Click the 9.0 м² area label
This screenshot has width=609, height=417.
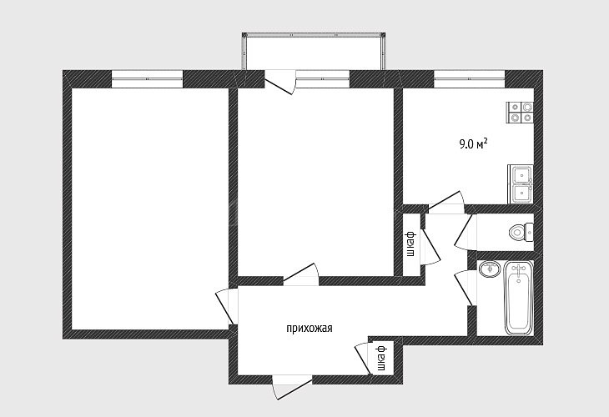coord(473,144)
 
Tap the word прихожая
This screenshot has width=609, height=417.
coord(310,329)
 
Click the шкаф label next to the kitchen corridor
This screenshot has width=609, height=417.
coord(410,244)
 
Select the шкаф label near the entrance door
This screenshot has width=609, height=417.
coord(380,358)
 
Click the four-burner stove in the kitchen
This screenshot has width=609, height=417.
coord(520,113)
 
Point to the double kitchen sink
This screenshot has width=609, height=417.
coord(521,184)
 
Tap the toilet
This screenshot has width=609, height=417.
coord(521,232)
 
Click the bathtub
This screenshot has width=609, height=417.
coord(519,298)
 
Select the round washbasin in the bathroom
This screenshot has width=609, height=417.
coord(490,269)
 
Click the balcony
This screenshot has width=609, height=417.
coord(314,52)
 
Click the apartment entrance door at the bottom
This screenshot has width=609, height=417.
coord(292,387)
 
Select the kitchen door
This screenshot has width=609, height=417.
coord(445,203)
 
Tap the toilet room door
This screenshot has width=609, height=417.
coord(464,232)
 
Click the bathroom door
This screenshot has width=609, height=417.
coord(464,288)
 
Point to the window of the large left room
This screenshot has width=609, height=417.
coord(147,79)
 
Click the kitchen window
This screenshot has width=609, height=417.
coord(469,79)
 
